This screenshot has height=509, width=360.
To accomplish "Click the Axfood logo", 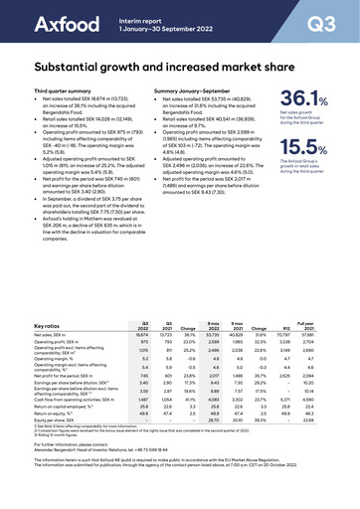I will click(45, 23).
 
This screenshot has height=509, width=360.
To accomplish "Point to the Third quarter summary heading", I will click(60, 90).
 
